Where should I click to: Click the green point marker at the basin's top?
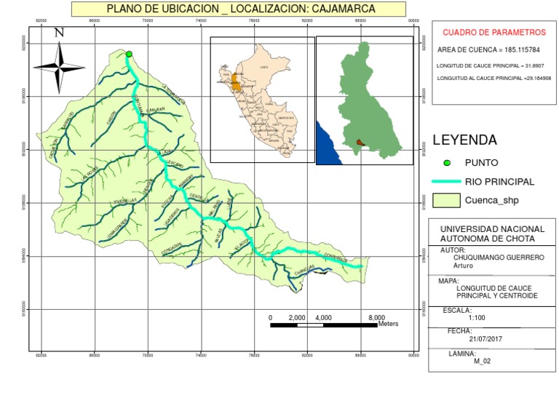point(129,54)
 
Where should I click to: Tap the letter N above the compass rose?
point(60,33)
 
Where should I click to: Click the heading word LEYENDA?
point(464,140)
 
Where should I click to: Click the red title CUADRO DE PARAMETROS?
point(493,33)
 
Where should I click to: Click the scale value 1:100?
point(477,318)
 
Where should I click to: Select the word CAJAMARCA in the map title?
point(339,9)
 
